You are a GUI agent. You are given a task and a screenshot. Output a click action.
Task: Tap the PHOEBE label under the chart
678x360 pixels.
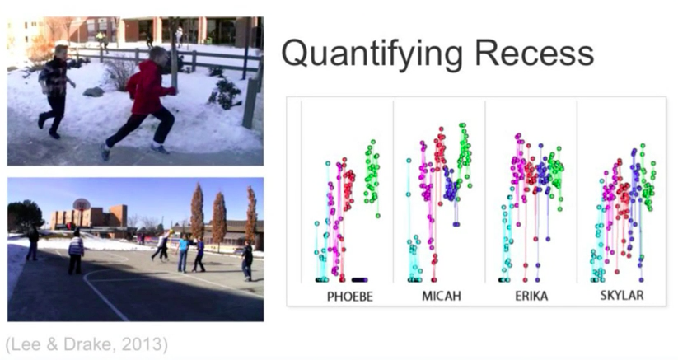(350, 297)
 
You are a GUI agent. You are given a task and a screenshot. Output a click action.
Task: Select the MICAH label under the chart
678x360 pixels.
(442, 296)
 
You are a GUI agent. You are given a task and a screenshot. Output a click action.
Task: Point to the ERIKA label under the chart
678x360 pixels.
(531, 296)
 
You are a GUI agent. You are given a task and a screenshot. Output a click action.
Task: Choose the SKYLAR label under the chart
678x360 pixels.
(622, 296)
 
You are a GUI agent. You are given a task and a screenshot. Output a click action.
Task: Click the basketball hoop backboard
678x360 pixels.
(82, 204)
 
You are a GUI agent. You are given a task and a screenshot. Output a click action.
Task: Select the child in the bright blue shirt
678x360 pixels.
(183, 253)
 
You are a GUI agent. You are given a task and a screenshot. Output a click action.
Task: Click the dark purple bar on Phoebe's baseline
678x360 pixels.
(360, 279)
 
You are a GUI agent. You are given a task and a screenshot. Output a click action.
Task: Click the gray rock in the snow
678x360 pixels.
(93, 91)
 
